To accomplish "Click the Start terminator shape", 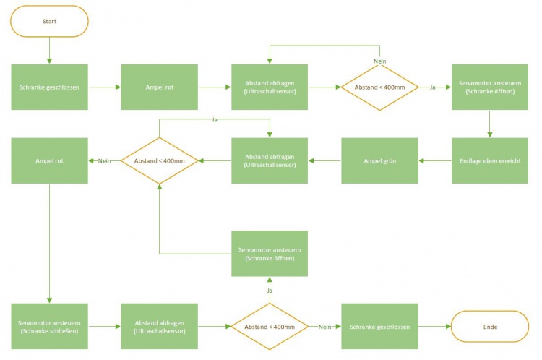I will tap(49, 21).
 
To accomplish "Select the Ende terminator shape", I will tap(489, 327).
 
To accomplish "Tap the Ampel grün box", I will tap(379, 160).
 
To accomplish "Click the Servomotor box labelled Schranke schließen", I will tap(49, 327).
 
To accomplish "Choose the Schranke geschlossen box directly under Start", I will tap(49, 87).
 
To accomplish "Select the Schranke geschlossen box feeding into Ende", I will tap(379, 327).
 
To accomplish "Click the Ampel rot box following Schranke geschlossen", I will tap(159, 87).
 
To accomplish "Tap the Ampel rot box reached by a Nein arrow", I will tap(49, 160).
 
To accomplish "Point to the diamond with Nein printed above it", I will tap(379, 87).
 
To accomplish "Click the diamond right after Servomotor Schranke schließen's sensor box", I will tap(270, 327).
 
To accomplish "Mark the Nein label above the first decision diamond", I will tap(379, 61).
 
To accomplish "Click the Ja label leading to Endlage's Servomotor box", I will tap(433, 87).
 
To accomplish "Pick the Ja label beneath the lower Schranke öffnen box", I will tap(270, 291).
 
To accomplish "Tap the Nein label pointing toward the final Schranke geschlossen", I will tap(324, 327).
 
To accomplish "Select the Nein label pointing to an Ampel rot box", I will tap(104, 160).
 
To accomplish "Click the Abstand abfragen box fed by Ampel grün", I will tap(270, 160).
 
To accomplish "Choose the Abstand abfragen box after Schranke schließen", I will tap(159, 327).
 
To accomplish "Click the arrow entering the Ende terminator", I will tap(434, 327).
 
